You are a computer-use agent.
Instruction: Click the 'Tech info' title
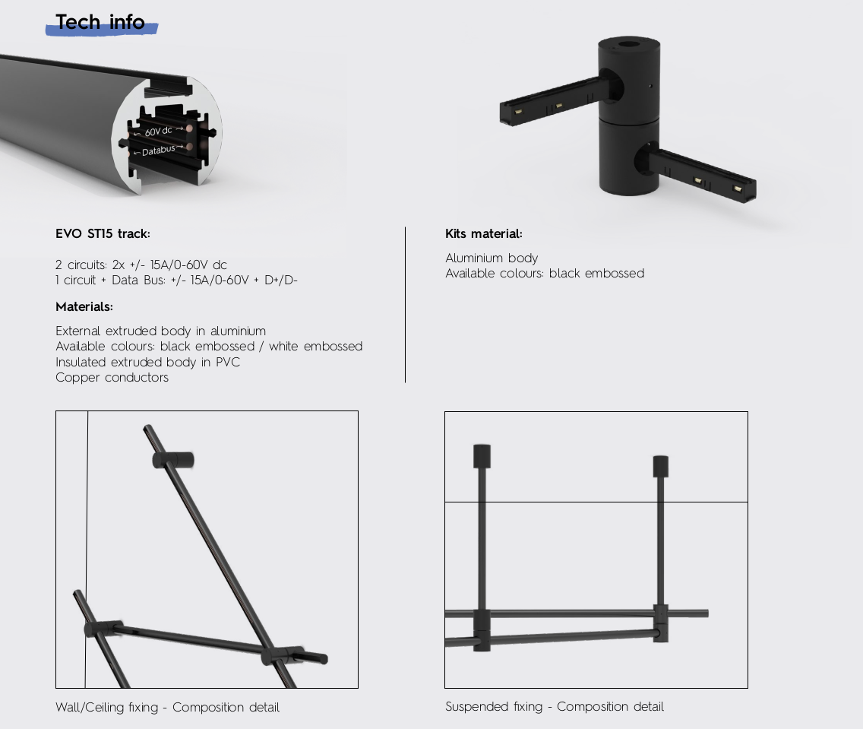tap(100, 22)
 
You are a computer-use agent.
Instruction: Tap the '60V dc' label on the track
tap(159, 131)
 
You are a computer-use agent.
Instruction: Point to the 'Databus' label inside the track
tap(159, 150)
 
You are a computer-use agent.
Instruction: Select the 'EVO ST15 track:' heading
tap(103, 233)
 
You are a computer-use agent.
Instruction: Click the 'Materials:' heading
tap(84, 306)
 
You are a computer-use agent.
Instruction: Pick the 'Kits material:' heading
tap(484, 233)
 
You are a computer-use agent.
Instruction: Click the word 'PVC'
tap(228, 362)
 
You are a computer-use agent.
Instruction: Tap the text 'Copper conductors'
tap(112, 378)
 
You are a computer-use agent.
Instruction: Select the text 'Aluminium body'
tap(492, 258)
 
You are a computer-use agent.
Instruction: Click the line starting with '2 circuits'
tap(141, 265)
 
